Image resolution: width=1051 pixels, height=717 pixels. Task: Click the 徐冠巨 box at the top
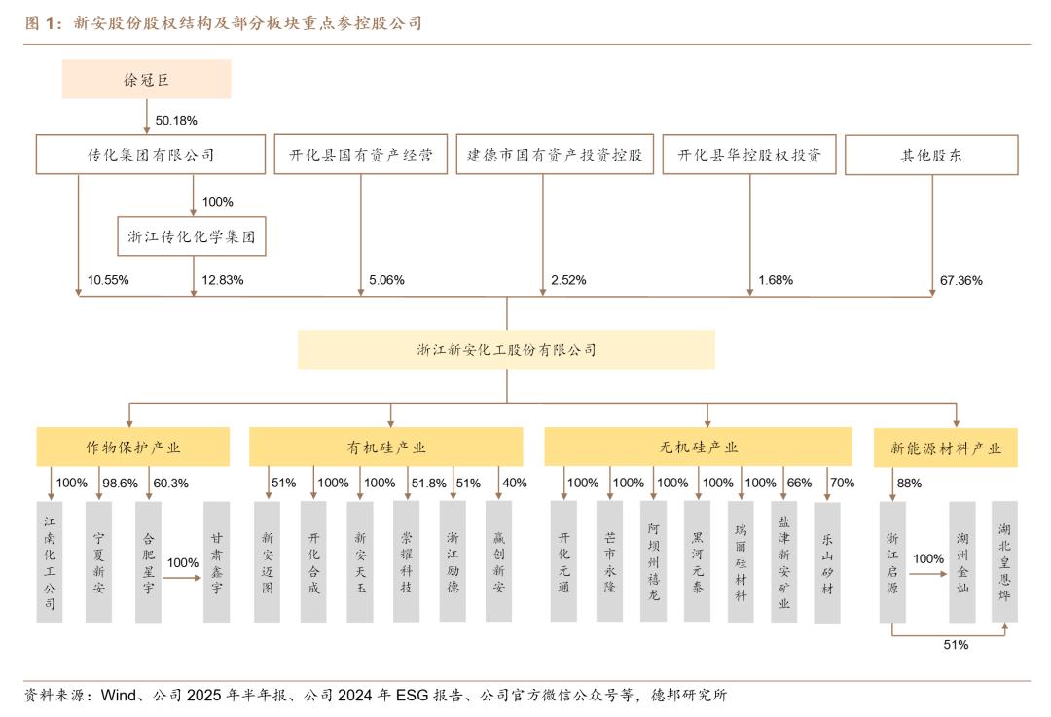[146, 79]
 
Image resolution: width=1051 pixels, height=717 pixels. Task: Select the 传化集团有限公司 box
[151, 155]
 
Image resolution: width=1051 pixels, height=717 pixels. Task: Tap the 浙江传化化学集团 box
[192, 236]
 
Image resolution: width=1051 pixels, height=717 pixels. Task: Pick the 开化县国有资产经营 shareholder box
[360, 155]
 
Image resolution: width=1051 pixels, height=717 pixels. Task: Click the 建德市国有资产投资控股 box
[556, 155]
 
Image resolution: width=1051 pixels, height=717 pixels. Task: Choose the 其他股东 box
[931, 155]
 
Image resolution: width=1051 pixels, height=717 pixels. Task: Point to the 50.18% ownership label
[176, 121]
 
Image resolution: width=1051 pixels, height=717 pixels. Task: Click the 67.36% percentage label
[960, 280]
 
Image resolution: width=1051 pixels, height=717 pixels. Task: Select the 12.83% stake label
[222, 280]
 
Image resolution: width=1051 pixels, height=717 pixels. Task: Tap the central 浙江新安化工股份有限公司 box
[506, 350]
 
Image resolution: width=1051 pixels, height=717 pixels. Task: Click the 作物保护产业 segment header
[133, 448]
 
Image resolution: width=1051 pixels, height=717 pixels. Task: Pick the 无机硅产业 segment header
[699, 448]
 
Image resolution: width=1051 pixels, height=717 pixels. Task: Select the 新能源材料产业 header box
[945, 448]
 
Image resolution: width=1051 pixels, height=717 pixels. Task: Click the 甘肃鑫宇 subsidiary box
[216, 561]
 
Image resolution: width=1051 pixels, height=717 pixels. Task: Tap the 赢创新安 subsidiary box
[498, 561]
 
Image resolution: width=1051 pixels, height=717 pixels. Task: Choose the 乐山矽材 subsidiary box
[827, 561]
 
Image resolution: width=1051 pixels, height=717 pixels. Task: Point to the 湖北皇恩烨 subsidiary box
[1004, 561]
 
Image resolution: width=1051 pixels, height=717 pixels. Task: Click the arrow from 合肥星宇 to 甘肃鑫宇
[182, 578]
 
